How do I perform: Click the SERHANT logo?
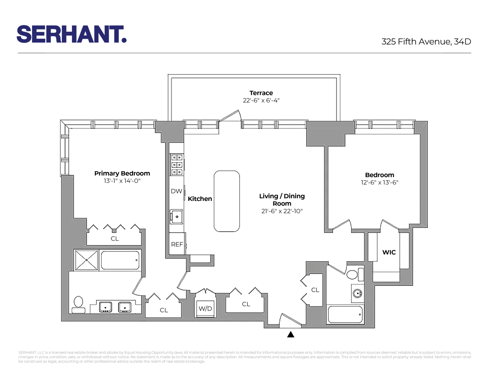coord(71,34)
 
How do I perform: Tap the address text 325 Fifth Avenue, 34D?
coord(426,41)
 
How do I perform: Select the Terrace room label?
coord(261,93)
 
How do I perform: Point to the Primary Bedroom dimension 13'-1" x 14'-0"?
coord(122,181)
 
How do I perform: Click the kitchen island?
coord(227,201)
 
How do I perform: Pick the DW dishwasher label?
coord(176,191)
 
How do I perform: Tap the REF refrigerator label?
coord(177,244)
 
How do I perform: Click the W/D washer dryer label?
coord(205,308)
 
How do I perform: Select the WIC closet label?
coord(389,252)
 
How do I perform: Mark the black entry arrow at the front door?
coord(291,334)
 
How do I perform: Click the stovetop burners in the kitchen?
coord(177,164)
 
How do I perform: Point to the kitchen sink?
coord(176,216)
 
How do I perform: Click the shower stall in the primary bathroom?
coord(87,260)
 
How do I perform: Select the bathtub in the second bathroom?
coord(345,314)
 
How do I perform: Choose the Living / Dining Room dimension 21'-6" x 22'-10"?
coord(282,211)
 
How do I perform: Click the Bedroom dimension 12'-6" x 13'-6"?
coord(379,182)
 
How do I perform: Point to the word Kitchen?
coord(200,199)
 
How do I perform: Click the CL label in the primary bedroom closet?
coord(115,239)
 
